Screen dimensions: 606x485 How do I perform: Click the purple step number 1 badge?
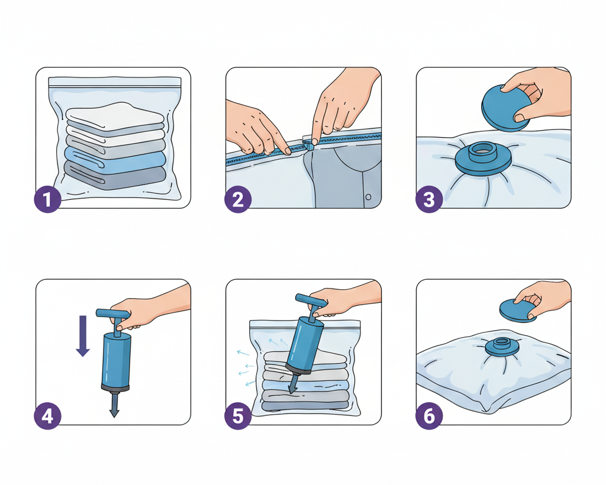pos(47,200)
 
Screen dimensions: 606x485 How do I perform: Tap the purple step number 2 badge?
pos(238,200)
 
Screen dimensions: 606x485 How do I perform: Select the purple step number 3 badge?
pos(429,200)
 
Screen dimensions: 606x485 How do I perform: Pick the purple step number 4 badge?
pos(47,416)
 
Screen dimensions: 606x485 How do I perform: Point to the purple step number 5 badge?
pos(238,416)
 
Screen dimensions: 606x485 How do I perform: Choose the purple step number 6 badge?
pos(429,416)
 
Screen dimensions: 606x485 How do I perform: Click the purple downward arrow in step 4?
pos(83,335)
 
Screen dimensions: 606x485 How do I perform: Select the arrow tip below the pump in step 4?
pos(114,413)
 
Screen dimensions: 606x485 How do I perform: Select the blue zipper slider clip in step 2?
pos(308,145)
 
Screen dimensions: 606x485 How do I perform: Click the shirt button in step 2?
pos(368,197)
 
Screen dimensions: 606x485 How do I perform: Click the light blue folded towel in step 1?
pos(115,159)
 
